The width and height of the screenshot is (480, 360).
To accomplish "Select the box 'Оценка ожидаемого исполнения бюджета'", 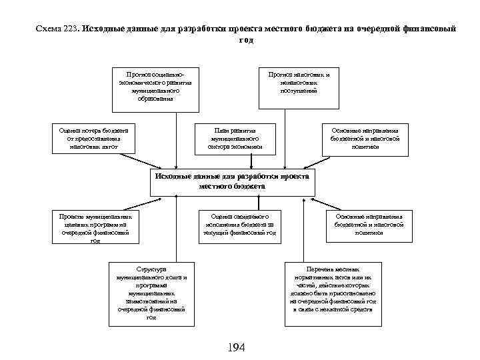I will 239,225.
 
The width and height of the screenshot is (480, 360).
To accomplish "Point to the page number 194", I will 237,347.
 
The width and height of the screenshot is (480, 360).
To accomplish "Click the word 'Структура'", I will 151,269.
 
